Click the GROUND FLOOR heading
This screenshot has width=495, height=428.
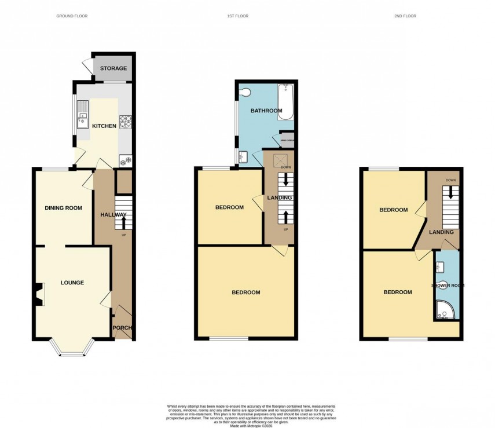[x=72, y=16]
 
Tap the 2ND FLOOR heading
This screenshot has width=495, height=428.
[x=405, y=16]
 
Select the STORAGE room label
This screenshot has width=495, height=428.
[x=113, y=69]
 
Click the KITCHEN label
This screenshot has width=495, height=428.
[x=105, y=126]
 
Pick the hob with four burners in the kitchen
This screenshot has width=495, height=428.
[x=126, y=122]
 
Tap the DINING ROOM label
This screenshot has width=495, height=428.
[x=64, y=208]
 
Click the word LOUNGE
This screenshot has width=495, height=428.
[x=72, y=283]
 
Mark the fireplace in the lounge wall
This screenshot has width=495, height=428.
[x=38, y=294]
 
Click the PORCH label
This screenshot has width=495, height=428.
[x=123, y=328]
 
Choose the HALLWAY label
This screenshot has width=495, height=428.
[x=112, y=215]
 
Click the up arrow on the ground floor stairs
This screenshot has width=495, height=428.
[x=123, y=222]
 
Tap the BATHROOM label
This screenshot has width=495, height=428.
[x=266, y=111]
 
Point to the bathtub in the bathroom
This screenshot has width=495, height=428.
[x=286, y=102]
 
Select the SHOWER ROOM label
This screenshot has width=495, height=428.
[x=448, y=286]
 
